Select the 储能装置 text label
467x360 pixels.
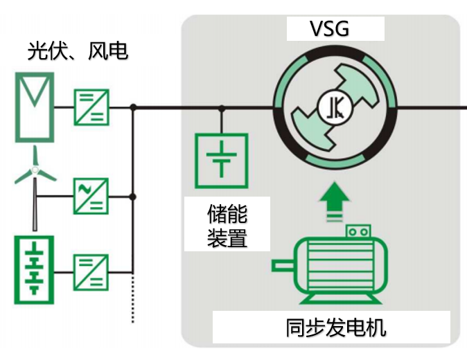coord(227,226)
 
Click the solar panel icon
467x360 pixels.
coord(32,107)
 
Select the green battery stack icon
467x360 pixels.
coord(32,270)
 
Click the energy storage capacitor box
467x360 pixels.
coord(221,160)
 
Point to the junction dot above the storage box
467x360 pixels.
coord(222,107)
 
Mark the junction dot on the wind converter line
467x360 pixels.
coord(133,197)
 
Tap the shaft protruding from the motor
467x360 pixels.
coord(283,266)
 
